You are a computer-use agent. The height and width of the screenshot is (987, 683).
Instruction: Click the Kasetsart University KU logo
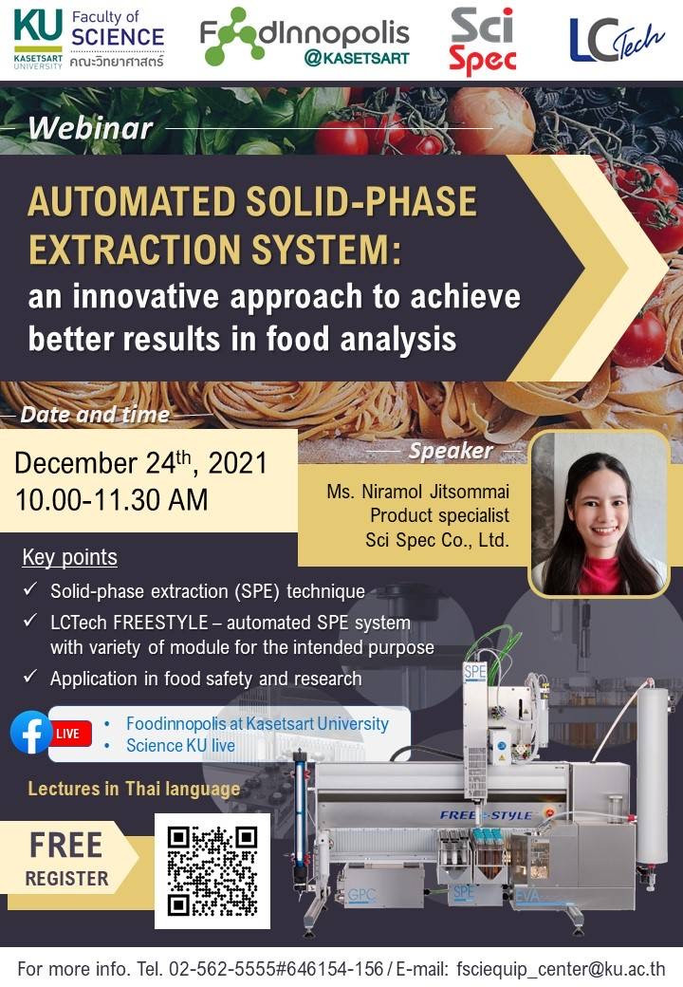(x=38, y=38)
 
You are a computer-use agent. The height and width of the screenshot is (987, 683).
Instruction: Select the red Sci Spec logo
(x=482, y=41)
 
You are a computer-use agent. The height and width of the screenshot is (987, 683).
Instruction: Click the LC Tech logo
(x=617, y=40)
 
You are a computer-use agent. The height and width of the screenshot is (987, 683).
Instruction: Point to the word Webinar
(x=90, y=128)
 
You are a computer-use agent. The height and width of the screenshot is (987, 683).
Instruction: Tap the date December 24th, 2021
(x=140, y=463)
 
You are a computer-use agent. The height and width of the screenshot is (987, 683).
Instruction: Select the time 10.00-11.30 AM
(x=111, y=500)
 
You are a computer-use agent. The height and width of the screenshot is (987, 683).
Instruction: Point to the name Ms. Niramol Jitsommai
(x=417, y=492)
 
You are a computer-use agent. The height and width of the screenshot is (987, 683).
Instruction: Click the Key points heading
(x=69, y=557)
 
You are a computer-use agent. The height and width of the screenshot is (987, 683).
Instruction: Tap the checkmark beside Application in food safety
(x=30, y=678)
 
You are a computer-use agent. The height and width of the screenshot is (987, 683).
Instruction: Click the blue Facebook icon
(x=30, y=732)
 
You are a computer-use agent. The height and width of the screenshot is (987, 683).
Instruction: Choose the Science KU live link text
(x=180, y=746)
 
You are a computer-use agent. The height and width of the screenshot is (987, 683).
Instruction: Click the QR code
(x=212, y=870)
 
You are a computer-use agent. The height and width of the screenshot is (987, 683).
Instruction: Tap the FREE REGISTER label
(x=65, y=858)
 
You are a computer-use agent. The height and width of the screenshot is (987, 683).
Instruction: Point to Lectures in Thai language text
(x=134, y=789)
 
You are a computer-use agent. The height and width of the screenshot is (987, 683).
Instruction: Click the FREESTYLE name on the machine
(x=486, y=815)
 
